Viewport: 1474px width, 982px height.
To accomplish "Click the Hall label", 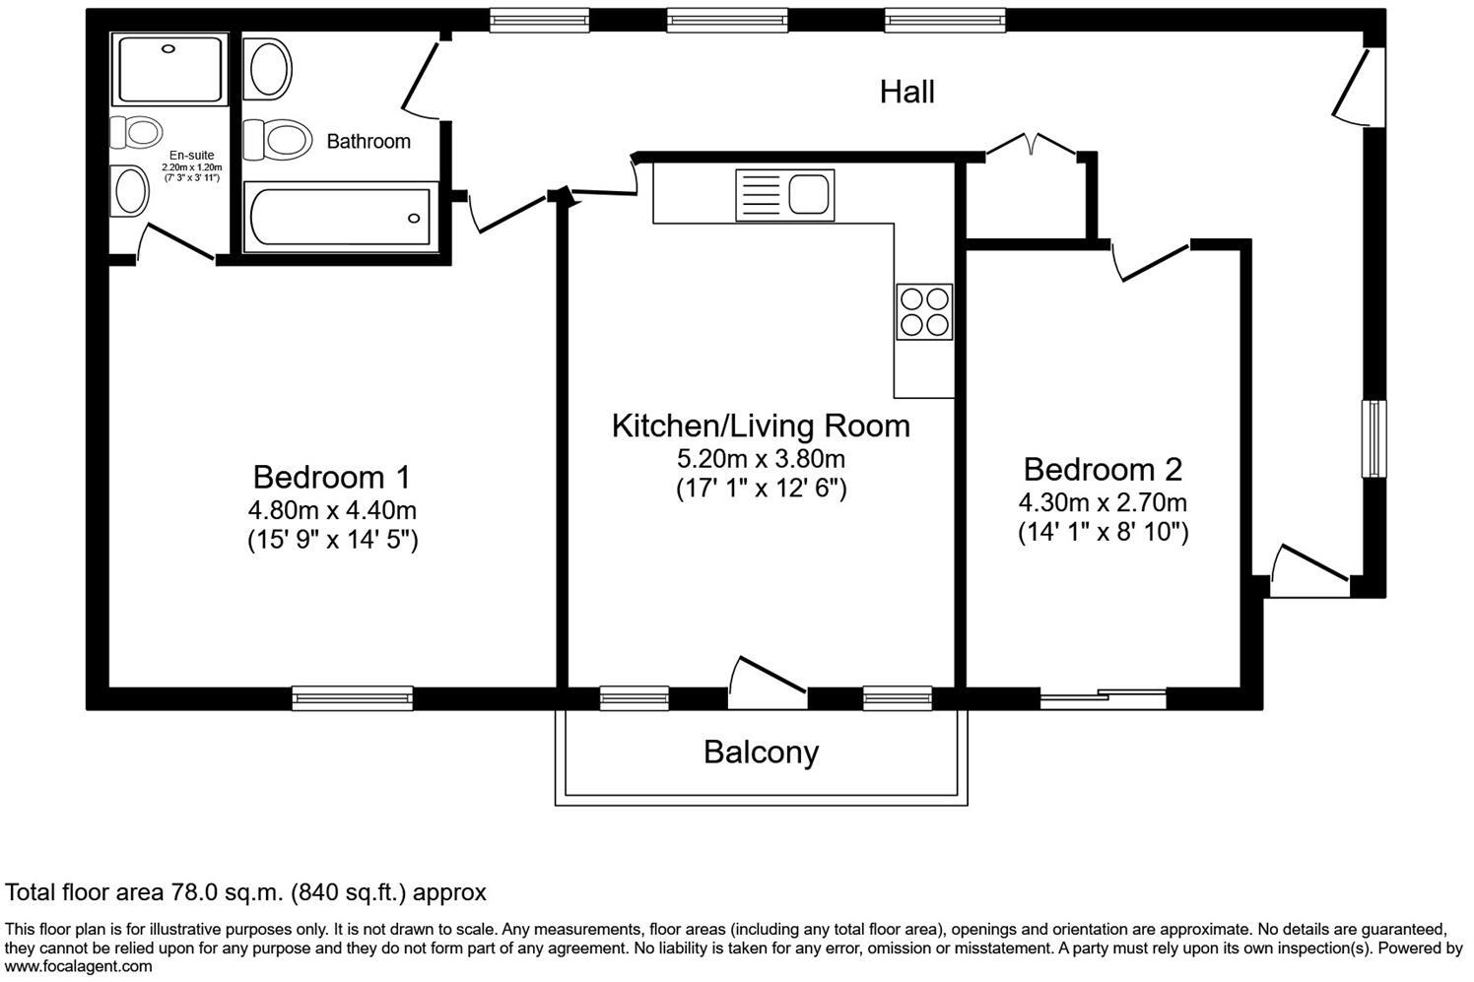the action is click(906, 92).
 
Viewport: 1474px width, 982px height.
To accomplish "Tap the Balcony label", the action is click(762, 753).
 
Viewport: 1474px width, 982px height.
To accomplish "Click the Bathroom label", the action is click(368, 142).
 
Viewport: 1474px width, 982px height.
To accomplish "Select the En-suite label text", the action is click(191, 156).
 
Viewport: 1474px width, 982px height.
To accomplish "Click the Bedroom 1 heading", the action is click(332, 477).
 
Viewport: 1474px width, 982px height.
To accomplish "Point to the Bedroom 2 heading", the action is click(1103, 470).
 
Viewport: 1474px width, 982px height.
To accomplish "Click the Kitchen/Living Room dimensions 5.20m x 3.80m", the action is click(762, 458).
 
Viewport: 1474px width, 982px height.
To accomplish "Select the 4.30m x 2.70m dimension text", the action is click(1103, 502).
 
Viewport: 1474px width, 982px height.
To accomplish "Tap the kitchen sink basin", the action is click(809, 194).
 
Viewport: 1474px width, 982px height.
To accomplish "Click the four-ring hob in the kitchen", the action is click(924, 312).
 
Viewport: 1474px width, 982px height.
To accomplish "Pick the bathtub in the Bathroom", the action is click(340, 217).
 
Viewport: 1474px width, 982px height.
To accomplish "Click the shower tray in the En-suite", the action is click(169, 69).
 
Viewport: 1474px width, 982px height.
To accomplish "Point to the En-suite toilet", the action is click(136, 132).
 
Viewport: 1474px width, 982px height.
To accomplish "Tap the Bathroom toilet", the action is click(277, 140).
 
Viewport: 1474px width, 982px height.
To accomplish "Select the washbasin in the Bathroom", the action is click(267, 68).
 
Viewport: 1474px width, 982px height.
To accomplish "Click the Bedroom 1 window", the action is click(352, 698).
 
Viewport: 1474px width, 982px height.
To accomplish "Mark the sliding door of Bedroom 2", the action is click(1103, 698).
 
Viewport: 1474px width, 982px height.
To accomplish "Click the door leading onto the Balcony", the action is click(768, 683).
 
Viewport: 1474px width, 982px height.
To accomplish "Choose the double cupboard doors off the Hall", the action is click(1032, 145).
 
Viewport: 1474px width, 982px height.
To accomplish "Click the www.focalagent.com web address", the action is click(78, 967).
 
